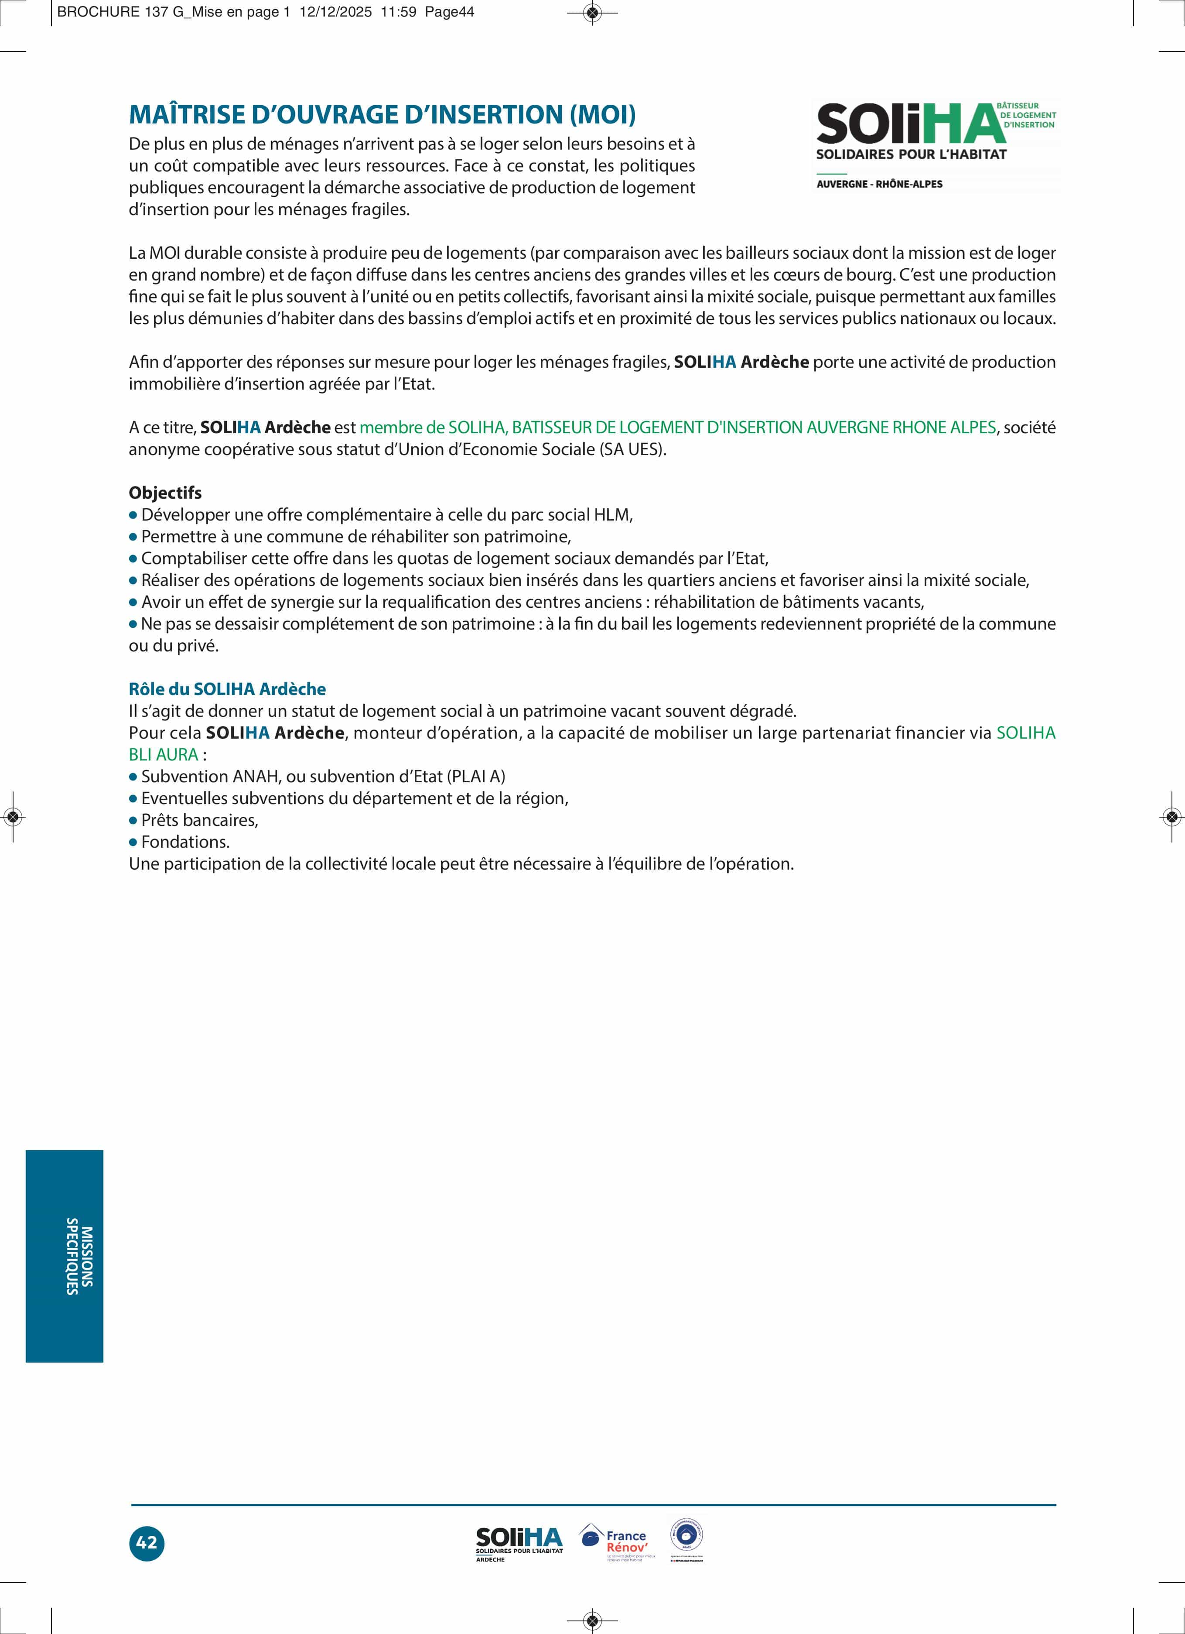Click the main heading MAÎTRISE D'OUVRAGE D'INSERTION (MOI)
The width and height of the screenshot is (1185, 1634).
point(382,115)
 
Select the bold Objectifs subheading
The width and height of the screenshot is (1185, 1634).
point(165,493)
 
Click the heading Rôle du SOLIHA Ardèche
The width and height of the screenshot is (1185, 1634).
point(227,689)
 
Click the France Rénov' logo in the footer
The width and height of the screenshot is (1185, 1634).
point(617,1542)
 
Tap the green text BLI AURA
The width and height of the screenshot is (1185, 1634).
point(164,755)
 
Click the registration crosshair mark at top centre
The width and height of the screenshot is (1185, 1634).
point(592,12)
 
